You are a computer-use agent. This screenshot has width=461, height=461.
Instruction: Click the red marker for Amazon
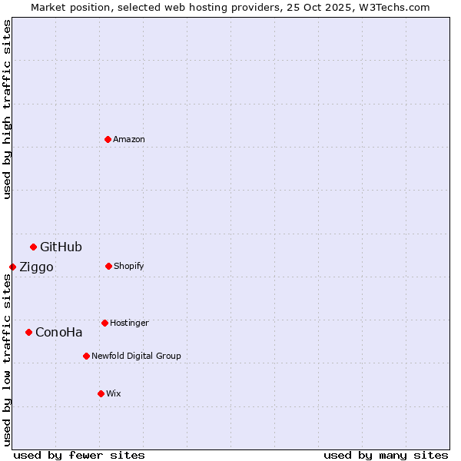click(x=108, y=139)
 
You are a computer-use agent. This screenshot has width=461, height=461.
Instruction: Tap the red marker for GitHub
click(x=33, y=247)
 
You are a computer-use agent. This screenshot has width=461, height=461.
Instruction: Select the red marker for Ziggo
click(x=12, y=267)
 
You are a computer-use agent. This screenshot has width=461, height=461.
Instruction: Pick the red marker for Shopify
click(x=108, y=266)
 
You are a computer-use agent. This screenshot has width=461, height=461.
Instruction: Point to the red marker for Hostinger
click(x=104, y=323)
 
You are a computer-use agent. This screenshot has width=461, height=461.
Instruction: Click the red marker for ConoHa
click(x=28, y=332)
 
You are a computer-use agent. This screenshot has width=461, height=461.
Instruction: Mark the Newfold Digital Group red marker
click(x=86, y=356)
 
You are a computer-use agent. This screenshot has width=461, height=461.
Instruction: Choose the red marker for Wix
click(x=101, y=393)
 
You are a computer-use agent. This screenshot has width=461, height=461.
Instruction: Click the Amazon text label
click(x=129, y=139)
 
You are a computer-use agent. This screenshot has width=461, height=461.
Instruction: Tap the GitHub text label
click(x=61, y=247)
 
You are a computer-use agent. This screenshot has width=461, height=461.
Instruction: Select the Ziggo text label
click(x=36, y=267)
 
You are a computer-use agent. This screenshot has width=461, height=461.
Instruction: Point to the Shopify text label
click(x=129, y=266)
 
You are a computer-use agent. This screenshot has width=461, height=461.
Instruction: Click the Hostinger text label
click(x=129, y=323)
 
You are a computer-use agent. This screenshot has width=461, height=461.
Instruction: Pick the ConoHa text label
click(x=59, y=332)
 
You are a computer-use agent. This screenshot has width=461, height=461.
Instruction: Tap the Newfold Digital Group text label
click(x=136, y=356)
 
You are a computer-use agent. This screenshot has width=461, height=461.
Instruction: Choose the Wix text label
click(x=114, y=393)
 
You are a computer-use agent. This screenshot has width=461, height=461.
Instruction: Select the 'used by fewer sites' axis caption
click(x=79, y=455)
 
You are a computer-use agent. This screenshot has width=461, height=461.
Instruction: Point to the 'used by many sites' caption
click(x=386, y=455)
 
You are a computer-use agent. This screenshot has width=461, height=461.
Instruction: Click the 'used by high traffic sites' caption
click(x=7, y=109)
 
